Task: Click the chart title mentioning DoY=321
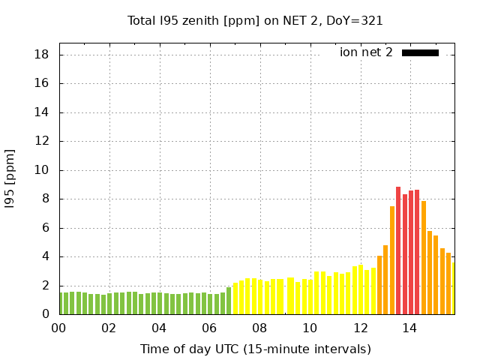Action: click(255, 20)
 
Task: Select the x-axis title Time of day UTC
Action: click(255, 349)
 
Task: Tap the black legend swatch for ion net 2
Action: click(420, 52)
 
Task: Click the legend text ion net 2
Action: click(366, 52)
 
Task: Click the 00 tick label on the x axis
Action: click(58, 328)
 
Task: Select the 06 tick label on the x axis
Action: click(209, 328)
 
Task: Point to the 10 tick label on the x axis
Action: click(310, 328)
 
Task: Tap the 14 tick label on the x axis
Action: click(410, 328)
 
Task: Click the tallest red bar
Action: click(398, 251)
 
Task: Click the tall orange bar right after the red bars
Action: click(424, 258)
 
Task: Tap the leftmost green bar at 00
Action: click(60, 304)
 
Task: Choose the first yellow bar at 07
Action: click(235, 299)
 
